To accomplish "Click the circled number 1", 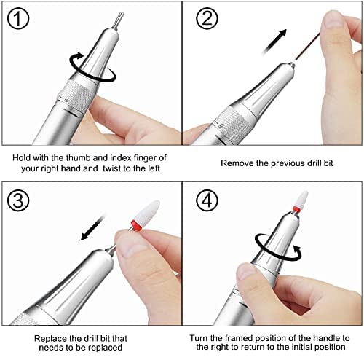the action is point(18,18).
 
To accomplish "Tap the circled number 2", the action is point(207,18).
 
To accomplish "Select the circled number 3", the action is point(18,200).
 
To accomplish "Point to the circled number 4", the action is point(207,200).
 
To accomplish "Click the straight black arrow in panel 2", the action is point(274,42).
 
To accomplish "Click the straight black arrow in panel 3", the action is point(93,227).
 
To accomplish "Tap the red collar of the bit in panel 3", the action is point(137,225).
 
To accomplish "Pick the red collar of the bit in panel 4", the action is point(296,208).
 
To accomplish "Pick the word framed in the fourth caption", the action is point(239,338).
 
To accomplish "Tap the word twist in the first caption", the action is point(112,168).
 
